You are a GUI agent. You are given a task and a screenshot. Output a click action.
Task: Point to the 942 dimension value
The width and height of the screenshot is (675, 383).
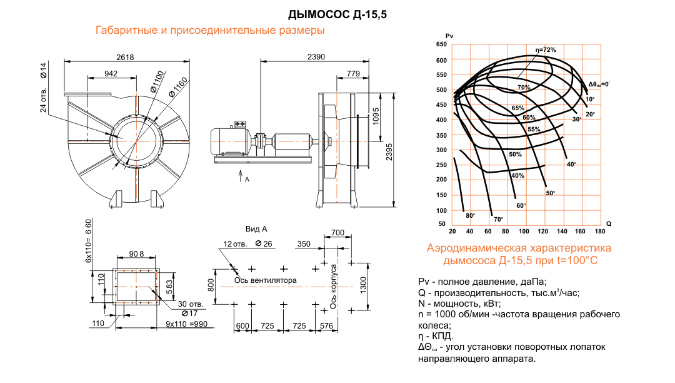point(111,74)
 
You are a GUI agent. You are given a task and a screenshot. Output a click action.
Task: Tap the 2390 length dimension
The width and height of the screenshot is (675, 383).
point(316,57)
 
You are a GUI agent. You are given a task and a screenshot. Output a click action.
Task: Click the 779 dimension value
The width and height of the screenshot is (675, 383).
point(352,74)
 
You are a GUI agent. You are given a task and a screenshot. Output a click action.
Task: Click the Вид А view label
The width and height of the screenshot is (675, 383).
point(257,229)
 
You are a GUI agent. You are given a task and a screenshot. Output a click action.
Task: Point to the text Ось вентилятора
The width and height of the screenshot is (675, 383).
point(265,280)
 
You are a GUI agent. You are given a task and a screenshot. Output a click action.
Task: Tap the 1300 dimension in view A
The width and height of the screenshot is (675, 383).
point(364,285)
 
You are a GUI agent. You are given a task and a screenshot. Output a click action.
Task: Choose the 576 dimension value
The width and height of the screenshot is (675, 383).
point(326,326)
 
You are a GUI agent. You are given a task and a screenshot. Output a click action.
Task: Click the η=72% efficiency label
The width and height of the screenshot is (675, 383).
point(545,49)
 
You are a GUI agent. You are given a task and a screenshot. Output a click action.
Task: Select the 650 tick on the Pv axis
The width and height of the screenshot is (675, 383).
point(442,44)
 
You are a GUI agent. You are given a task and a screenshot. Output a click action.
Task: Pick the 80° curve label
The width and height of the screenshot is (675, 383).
point(471,216)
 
